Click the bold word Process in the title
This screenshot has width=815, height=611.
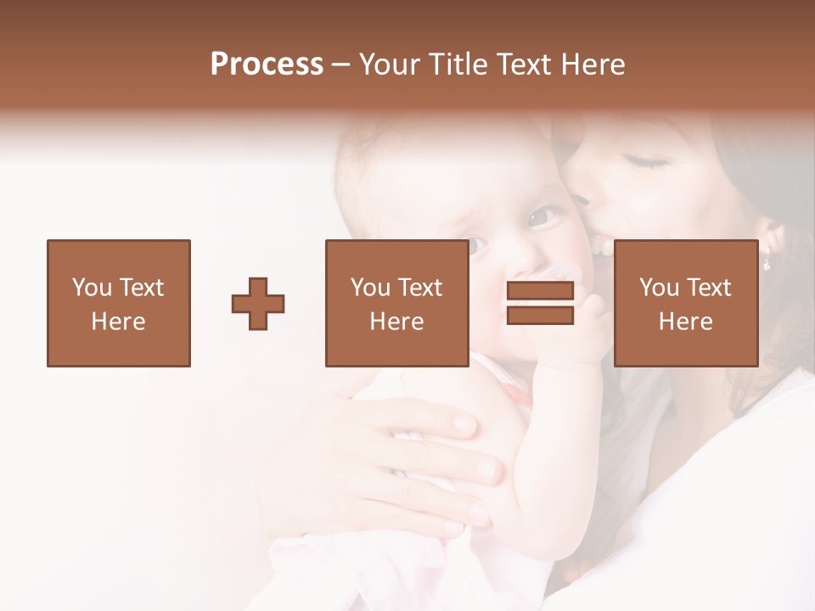coord(267,64)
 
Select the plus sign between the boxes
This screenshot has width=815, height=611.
coord(258,304)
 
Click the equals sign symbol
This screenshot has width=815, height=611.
coord(540,304)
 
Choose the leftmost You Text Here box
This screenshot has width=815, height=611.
coord(119,304)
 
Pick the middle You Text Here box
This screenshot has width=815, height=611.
coord(396,304)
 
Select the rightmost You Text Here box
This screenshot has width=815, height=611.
coord(685,304)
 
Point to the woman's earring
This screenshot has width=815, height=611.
coord(766,261)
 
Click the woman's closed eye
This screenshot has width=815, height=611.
coord(647,161)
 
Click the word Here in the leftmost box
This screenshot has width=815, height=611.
coord(119,322)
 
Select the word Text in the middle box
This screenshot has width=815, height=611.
coord(419,288)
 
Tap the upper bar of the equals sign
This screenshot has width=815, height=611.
coord(540,291)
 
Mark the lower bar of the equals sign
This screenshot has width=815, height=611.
coord(540,316)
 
